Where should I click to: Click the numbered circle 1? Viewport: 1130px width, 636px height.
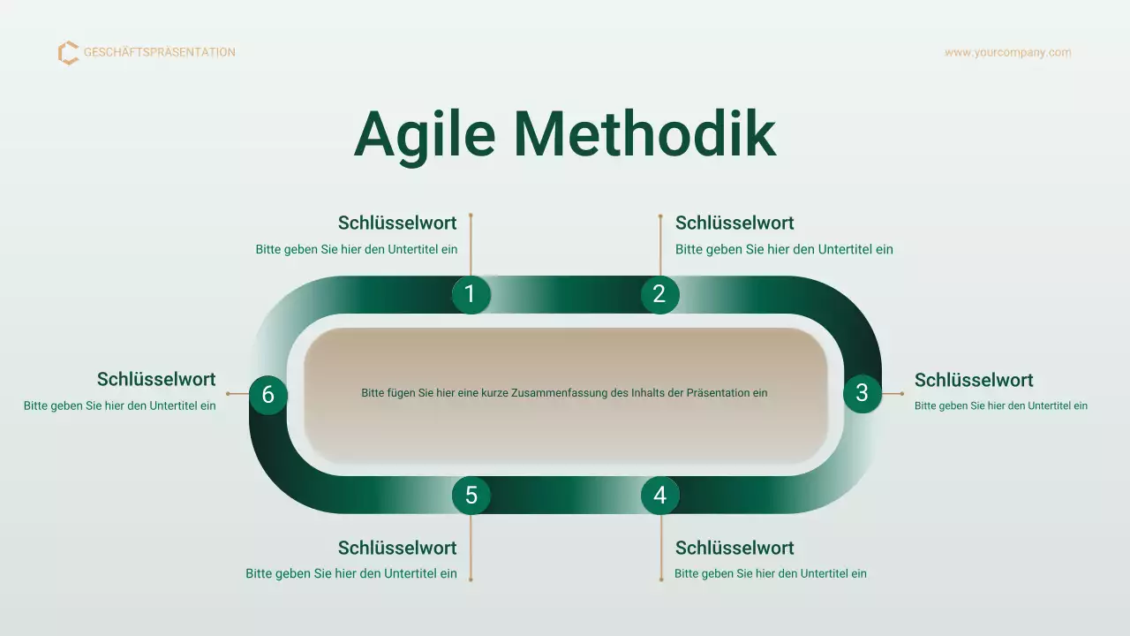pyautogui.click(x=471, y=294)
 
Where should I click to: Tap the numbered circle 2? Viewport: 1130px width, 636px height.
pyautogui.click(x=659, y=294)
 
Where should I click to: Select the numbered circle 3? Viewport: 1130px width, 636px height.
pyautogui.click(x=863, y=393)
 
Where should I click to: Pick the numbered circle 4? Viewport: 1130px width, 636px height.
pyautogui.click(x=660, y=496)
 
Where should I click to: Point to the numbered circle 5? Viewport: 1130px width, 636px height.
pyautogui.click(x=471, y=496)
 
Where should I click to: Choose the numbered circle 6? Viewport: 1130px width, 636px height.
pyautogui.click(x=268, y=395)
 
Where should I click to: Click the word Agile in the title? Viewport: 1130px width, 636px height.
pyautogui.click(x=425, y=134)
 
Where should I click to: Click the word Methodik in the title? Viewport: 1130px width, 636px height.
pyautogui.click(x=644, y=134)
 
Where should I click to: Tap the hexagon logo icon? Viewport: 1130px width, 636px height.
pyautogui.click(x=68, y=53)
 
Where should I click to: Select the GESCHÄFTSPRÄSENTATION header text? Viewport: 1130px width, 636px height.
pyautogui.click(x=160, y=52)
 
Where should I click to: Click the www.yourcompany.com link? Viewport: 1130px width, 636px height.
pyautogui.click(x=1007, y=52)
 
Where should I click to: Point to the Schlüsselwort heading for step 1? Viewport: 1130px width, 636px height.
pyautogui.click(x=397, y=223)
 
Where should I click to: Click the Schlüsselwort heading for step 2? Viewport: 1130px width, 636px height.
pyautogui.click(x=734, y=223)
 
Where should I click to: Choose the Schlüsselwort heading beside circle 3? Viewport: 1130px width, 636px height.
pyautogui.click(x=974, y=380)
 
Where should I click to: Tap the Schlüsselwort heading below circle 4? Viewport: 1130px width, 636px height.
pyautogui.click(x=734, y=548)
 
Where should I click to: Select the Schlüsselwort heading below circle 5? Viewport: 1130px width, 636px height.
pyautogui.click(x=397, y=548)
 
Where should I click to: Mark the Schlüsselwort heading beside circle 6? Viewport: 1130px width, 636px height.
pyautogui.click(x=156, y=379)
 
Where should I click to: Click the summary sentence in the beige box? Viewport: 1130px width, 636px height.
pyautogui.click(x=564, y=393)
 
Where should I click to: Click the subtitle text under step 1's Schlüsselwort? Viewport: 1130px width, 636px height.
pyautogui.click(x=357, y=249)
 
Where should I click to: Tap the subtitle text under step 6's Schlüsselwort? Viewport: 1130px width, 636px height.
pyautogui.click(x=120, y=406)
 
